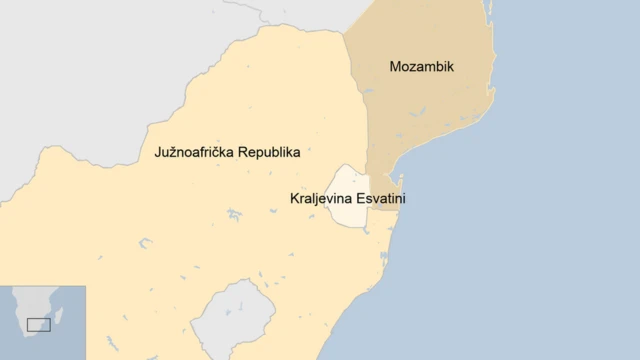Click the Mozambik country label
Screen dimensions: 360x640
click(421, 67)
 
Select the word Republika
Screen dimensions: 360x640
click(265, 153)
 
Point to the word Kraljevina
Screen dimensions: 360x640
click(321, 199)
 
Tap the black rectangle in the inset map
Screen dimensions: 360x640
click(38, 324)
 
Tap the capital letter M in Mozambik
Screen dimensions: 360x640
click(395, 67)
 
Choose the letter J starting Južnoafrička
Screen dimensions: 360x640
click(158, 153)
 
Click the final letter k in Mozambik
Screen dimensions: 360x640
click(450, 67)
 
